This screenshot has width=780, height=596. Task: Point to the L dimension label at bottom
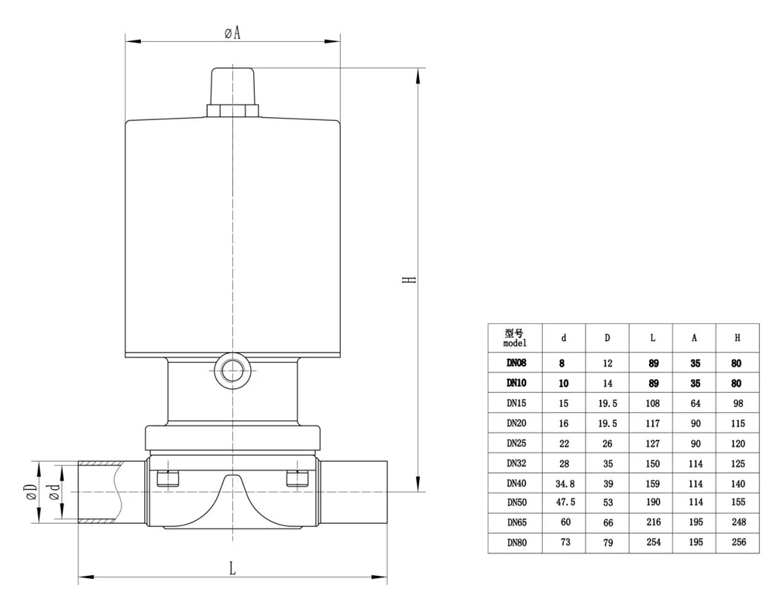tap(232, 568)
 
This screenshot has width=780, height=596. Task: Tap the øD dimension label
tap(30, 492)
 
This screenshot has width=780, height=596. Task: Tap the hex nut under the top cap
tap(232, 111)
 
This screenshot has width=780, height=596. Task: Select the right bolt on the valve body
tap(297, 478)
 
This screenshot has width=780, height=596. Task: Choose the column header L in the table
tap(652, 338)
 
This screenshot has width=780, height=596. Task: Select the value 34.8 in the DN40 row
tap(564, 483)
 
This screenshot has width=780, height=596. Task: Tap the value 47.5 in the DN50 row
tap(564, 503)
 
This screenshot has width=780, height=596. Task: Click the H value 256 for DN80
tap(738, 543)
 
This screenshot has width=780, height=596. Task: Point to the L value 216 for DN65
tap(652, 523)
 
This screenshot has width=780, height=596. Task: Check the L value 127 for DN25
tap(652, 443)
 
